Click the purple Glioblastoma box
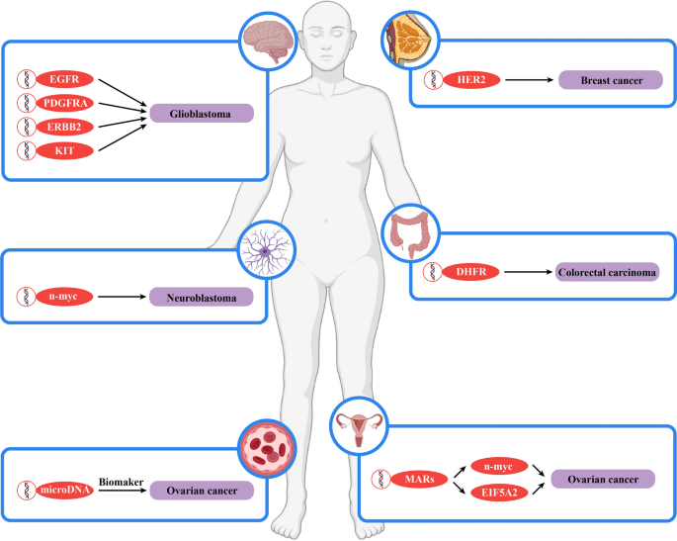click(203, 114)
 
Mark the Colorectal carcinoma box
click(605, 271)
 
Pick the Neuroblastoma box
click(201, 295)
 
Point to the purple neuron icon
click(269, 248)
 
